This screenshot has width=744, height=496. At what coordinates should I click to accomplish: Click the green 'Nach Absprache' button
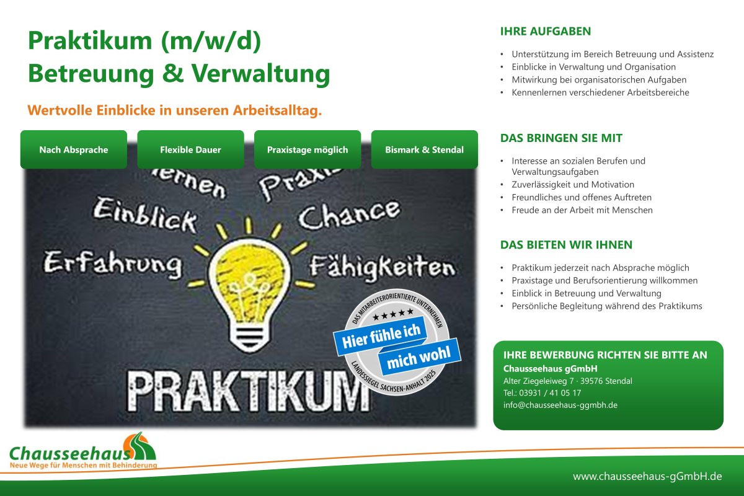tap(74, 149)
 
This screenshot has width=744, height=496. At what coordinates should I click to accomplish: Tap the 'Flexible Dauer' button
tap(191, 149)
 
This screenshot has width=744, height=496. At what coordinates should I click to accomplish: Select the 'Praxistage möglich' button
tap(308, 149)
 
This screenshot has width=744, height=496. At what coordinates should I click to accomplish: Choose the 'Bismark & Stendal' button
tap(425, 149)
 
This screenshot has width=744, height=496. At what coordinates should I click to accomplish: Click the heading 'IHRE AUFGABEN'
tap(546, 31)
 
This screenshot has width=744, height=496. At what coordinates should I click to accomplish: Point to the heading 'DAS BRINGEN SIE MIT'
tap(561, 138)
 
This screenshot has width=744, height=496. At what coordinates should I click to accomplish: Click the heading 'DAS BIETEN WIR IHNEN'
tap(566, 245)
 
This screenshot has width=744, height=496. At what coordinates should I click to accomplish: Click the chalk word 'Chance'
tap(350, 215)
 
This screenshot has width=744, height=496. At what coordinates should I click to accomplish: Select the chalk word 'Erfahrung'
tap(113, 265)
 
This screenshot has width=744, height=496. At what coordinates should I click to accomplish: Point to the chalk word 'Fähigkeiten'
tap(382, 267)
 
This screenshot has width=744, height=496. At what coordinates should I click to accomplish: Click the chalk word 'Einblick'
tap(145, 215)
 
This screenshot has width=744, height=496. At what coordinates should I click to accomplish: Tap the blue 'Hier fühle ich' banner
tap(381, 335)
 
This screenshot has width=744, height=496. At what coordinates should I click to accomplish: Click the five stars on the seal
tap(393, 314)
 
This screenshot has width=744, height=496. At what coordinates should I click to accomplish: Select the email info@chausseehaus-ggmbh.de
tap(560, 405)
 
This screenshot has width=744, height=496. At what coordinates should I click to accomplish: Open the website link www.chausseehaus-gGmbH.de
tap(647, 476)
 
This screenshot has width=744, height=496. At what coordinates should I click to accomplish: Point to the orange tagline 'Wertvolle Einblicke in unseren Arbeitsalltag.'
tap(175, 110)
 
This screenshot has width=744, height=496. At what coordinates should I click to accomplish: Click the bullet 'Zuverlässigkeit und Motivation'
tap(573, 184)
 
